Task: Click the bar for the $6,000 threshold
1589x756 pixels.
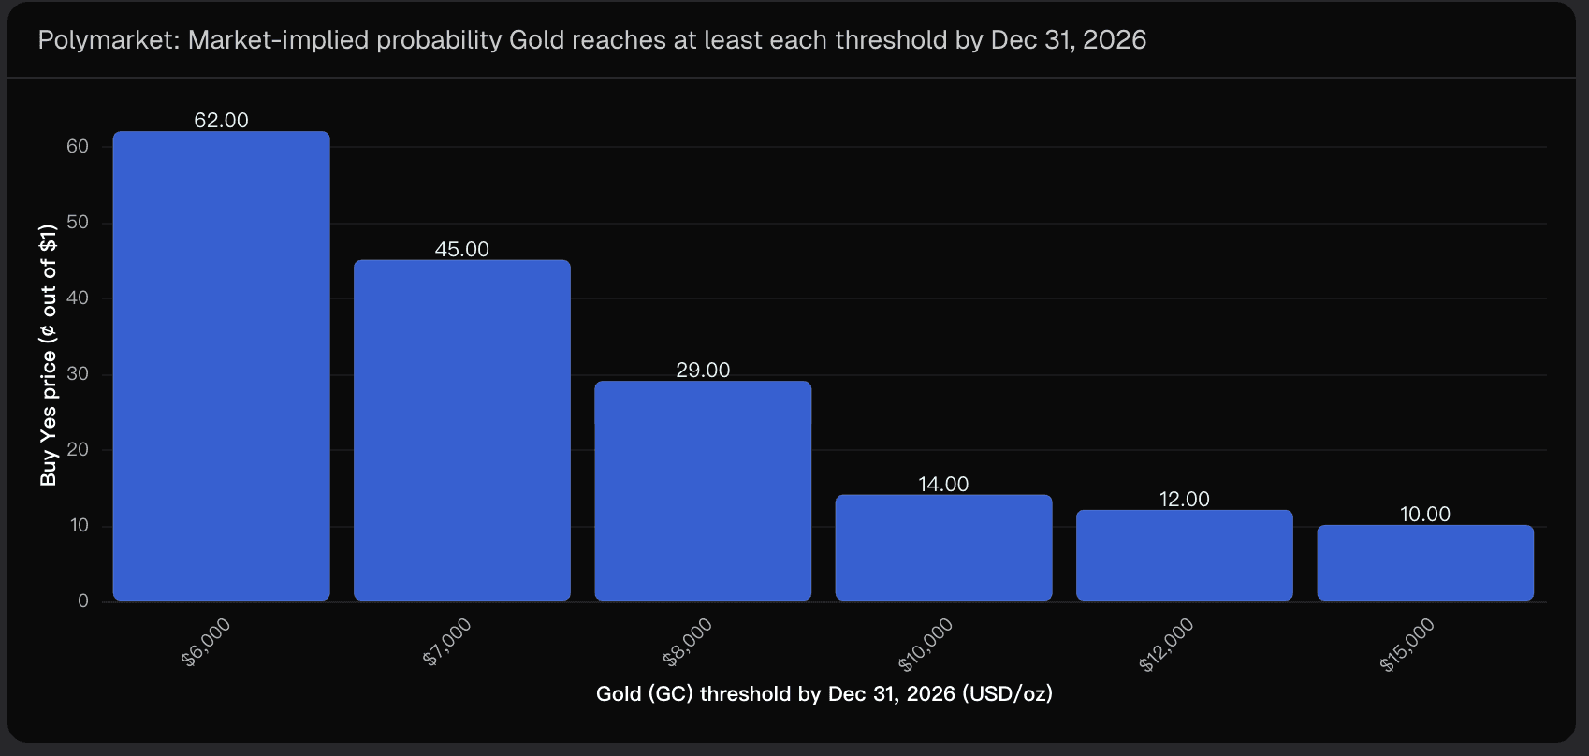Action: pyautogui.click(x=221, y=366)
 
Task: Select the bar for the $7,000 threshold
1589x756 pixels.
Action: pyautogui.click(x=461, y=430)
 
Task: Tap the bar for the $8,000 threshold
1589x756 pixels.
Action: pyautogui.click(x=703, y=490)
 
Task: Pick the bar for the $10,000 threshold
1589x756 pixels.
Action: pyautogui.click(x=943, y=547)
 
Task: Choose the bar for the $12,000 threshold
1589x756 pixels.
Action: pyautogui.click(x=1184, y=555)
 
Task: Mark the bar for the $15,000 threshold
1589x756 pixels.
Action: pyautogui.click(x=1425, y=562)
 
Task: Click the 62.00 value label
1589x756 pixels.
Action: pyautogui.click(x=221, y=120)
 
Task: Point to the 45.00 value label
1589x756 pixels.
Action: pyautogui.click(x=461, y=249)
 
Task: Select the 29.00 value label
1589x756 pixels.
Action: pyautogui.click(x=703, y=370)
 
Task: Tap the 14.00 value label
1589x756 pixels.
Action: pyautogui.click(x=943, y=484)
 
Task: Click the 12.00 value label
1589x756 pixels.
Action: pyautogui.click(x=1184, y=499)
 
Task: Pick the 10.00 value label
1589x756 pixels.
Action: pyautogui.click(x=1425, y=514)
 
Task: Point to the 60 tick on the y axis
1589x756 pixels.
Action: pyautogui.click(x=78, y=146)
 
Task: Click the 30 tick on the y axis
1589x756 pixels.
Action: pyautogui.click(x=78, y=374)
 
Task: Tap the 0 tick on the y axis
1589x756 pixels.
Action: pyautogui.click(x=83, y=601)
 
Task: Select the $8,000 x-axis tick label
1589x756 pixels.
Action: pyautogui.click(x=688, y=642)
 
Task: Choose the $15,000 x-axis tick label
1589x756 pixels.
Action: pyautogui.click(x=1407, y=645)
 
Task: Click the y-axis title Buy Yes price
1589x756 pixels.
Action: pyautogui.click(x=49, y=356)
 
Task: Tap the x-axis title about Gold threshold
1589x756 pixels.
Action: pyautogui.click(x=824, y=694)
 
